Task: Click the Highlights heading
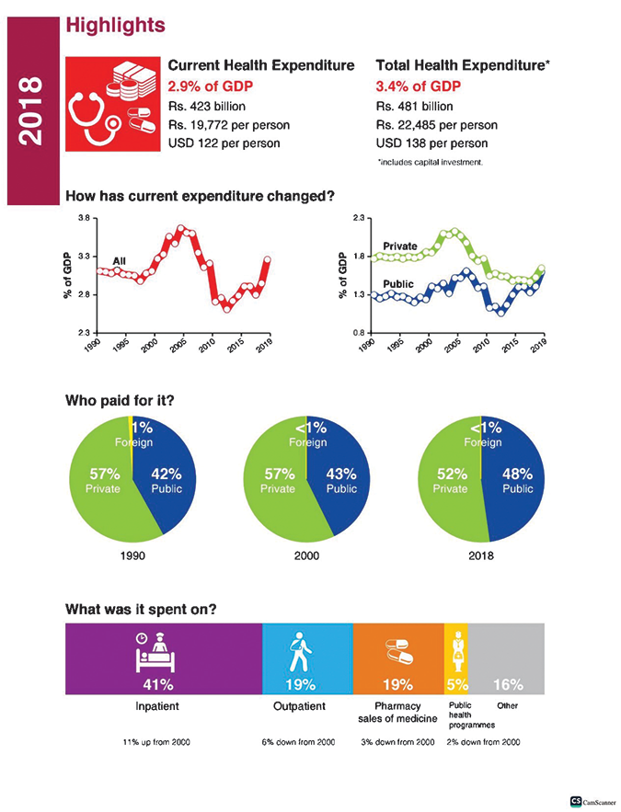point(116,25)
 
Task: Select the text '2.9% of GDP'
point(212,86)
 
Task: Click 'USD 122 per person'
point(224,143)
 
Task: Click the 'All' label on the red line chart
point(119,262)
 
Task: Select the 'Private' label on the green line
point(400,246)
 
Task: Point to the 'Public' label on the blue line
point(398,284)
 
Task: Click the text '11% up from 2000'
point(155,741)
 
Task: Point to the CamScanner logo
point(593,801)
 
